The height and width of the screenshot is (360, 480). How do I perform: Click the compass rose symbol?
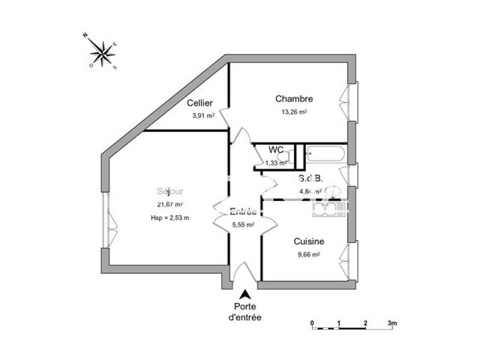[x=104, y=52]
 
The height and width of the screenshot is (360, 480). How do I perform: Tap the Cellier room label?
[x=199, y=103]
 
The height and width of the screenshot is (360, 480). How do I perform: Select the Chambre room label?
[x=294, y=98]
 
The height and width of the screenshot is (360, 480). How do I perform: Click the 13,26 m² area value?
[x=294, y=112]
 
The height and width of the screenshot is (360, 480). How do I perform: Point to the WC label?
[x=276, y=150]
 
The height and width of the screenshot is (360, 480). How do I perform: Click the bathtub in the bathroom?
[x=325, y=154]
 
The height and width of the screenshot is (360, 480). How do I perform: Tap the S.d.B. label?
[x=311, y=178]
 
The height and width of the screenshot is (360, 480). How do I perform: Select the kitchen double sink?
[x=328, y=208]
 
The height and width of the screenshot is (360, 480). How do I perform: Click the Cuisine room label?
[x=309, y=241]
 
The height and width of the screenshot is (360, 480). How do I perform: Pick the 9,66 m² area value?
[x=309, y=254]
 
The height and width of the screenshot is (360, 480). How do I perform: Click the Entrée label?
[x=243, y=212]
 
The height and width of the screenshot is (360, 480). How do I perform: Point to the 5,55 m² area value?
[x=243, y=225]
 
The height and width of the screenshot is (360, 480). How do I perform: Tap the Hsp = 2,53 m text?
[x=170, y=218]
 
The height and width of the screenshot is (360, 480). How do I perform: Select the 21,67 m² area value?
[x=170, y=205]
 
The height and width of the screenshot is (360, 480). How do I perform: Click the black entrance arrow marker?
[x=245, y=295]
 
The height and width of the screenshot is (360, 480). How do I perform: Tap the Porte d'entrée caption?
[x=245, y=312]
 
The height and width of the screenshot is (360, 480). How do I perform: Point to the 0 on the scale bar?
[x=312, y=323]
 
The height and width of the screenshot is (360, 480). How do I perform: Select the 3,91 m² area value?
[x=202, y=116]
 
